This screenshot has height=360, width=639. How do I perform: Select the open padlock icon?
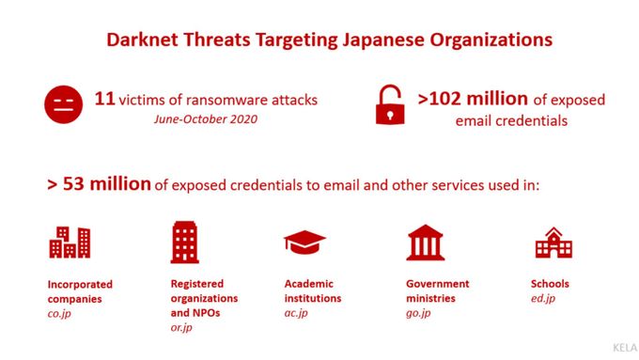(388, 105)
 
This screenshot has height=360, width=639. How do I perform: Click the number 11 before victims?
(104, 98)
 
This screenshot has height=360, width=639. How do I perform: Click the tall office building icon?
(184, 243)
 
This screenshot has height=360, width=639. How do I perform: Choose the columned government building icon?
(426, 243)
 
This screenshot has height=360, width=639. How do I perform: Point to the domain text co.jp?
(60, 313)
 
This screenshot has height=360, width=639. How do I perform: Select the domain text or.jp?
(182, 327)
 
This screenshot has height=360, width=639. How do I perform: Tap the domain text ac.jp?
(297, 313)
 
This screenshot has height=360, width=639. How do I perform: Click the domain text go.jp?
(419, 313)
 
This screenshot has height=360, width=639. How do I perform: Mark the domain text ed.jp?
(543, 299)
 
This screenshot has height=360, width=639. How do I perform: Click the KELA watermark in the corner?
(616, 347)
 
